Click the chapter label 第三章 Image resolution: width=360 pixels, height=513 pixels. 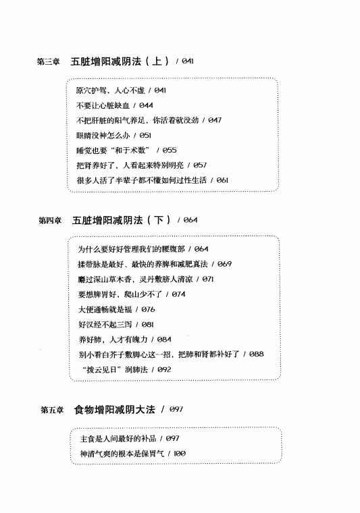point(49,61)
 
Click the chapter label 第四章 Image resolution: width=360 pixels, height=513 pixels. point(50,221)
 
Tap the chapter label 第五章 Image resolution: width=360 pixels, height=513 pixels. point(52,410)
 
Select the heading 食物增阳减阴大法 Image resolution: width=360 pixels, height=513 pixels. point(115,409)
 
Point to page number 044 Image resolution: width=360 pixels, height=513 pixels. point(146,105)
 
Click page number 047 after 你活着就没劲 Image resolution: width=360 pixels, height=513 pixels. point(215,120)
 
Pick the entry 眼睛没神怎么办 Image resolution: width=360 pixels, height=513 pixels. point(103,136)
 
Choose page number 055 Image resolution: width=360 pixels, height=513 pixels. point(170,150)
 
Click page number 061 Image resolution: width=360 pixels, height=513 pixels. point(222,180)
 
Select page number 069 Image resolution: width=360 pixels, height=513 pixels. point(224,264)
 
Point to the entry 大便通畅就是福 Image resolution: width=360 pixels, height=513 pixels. point(105,310)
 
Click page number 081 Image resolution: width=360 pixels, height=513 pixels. point(148,324)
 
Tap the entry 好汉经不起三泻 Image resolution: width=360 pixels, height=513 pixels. point(105,325)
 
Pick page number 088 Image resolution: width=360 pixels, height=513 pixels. point(256,354)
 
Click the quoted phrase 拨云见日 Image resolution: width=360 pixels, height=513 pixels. point(102,370)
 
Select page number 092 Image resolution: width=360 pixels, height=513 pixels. point(164,369)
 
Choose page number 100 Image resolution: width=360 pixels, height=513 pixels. point(180,454)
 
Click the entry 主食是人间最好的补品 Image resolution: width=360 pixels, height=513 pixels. point(118,438)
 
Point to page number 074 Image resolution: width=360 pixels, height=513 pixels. point(178,294)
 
